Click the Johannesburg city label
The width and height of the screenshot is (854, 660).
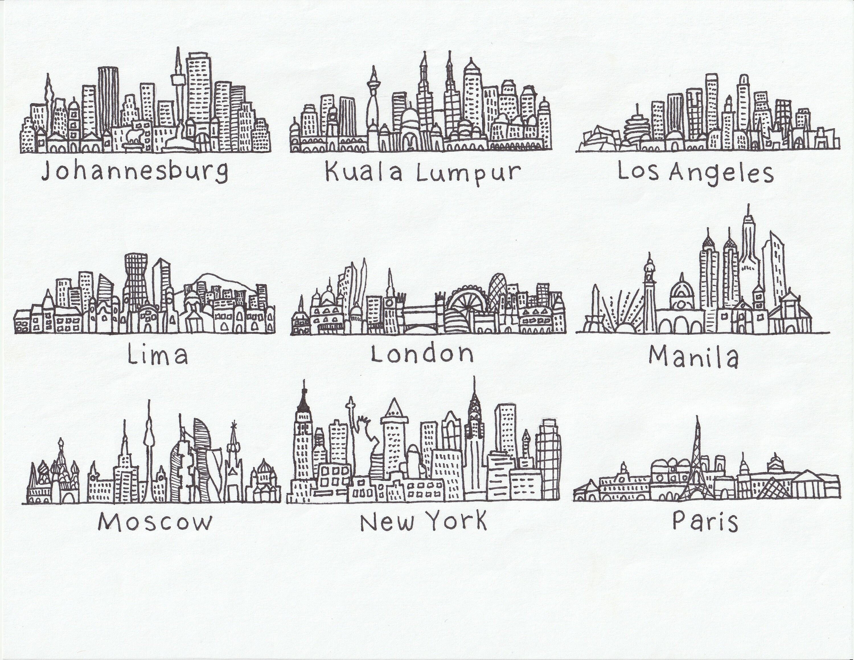pos(135,172)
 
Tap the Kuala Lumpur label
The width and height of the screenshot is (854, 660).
pos(423,173)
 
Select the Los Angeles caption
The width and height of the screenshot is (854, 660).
pos(695,173)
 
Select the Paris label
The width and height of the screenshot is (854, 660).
pos(705,521)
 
